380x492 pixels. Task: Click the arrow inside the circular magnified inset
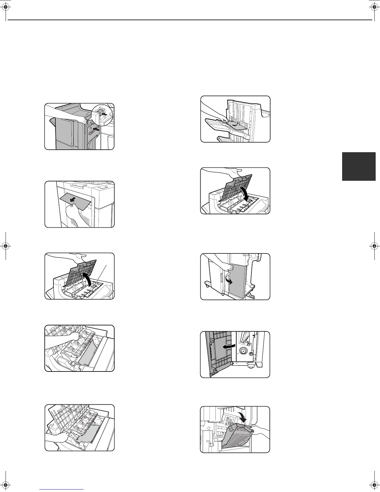(106, 115)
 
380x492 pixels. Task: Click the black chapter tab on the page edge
(359, 166)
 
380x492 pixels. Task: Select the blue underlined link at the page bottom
(62, 490)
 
